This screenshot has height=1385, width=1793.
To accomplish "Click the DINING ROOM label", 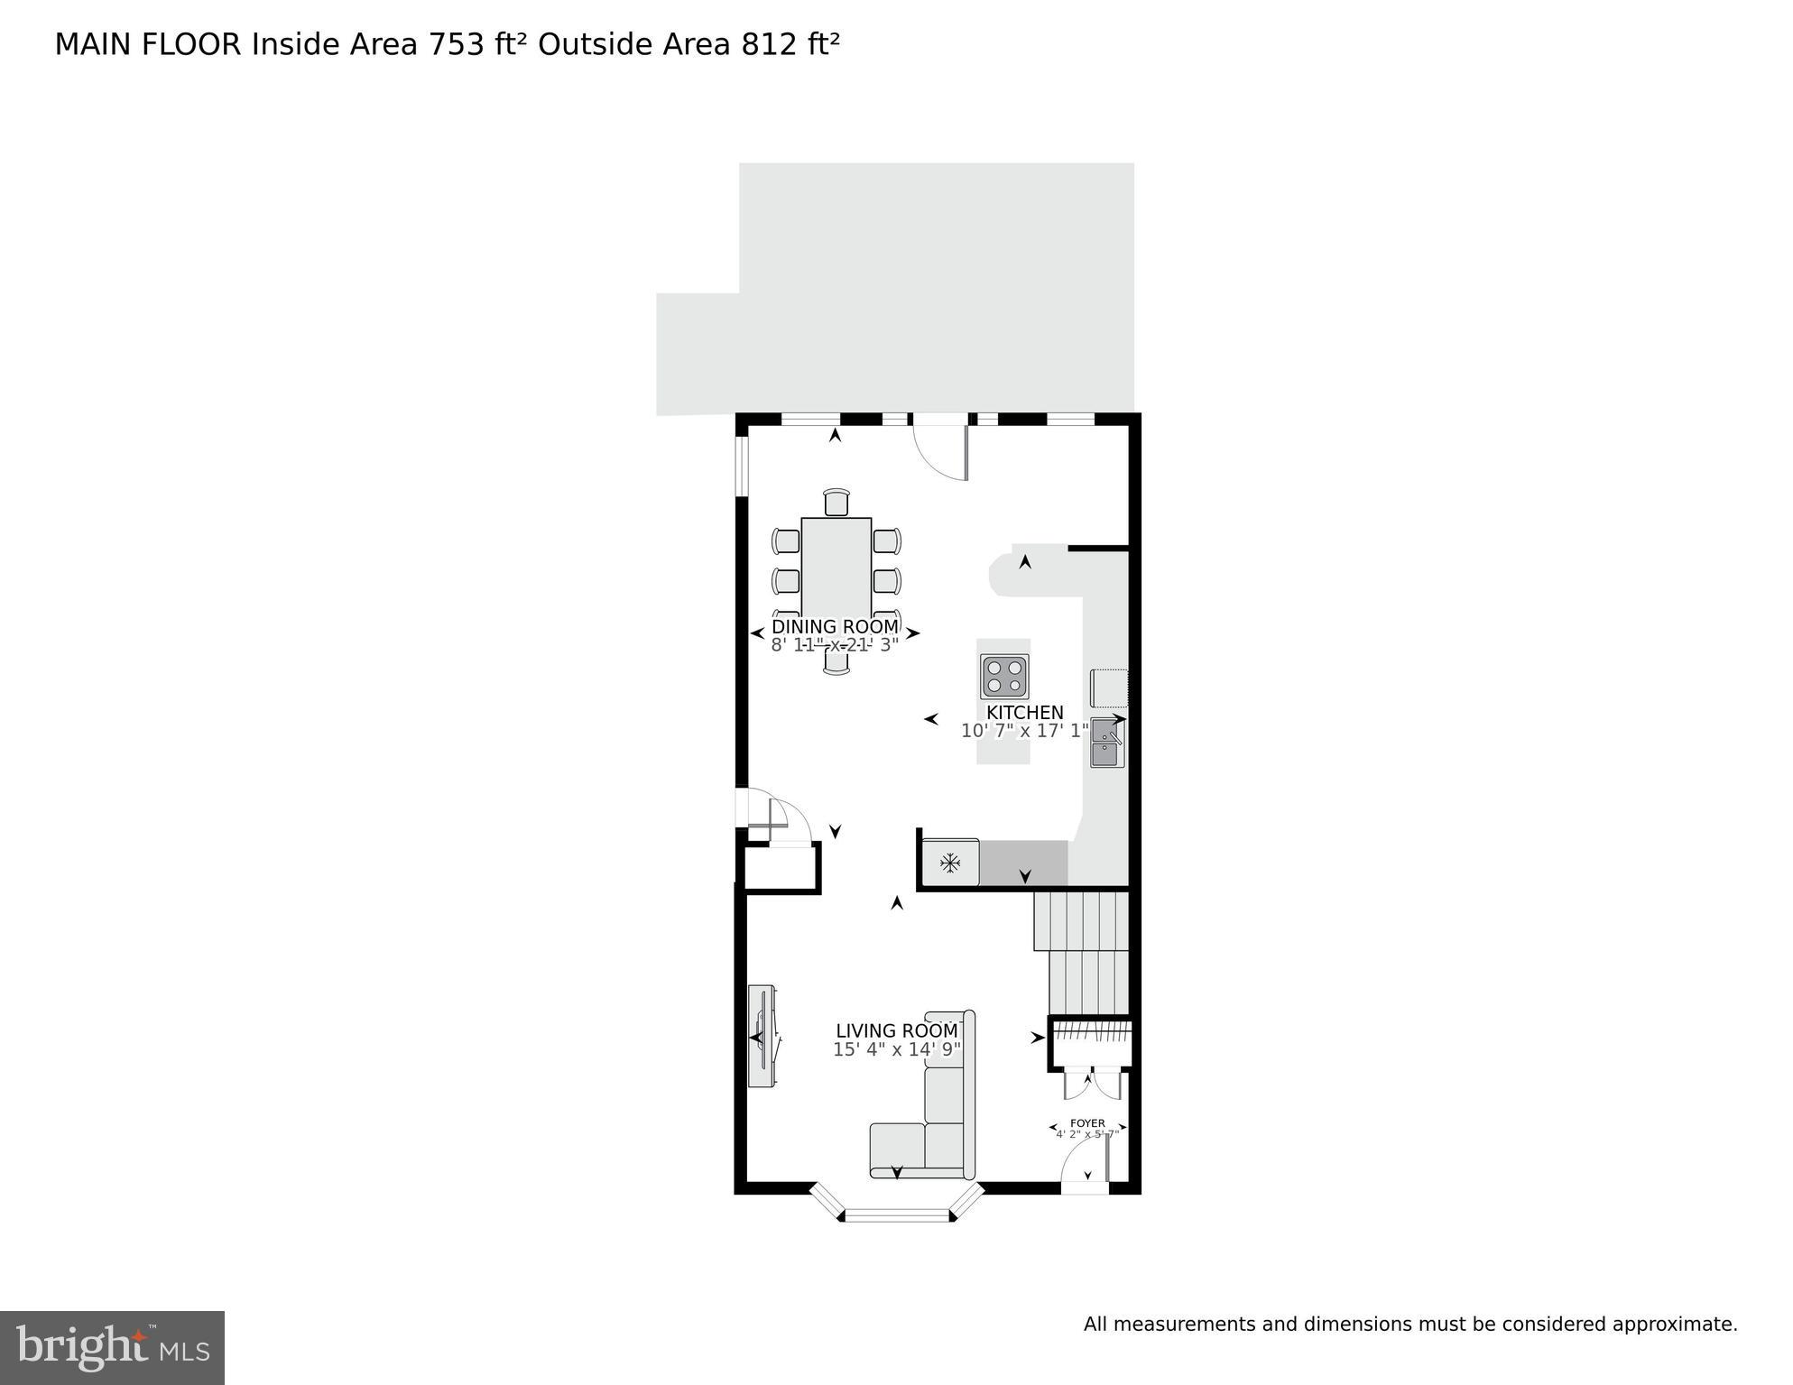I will (x=835, y=626).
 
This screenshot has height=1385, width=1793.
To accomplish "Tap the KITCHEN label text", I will (x=1024, y=713).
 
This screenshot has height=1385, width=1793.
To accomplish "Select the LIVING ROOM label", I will (x=896, y=1030).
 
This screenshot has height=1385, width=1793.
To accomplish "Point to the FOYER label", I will (x=1087, y=1123).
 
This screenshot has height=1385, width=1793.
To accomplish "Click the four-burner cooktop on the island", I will (x=1005, y=676).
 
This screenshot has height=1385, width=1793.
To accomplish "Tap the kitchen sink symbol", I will (x=1106, y=743).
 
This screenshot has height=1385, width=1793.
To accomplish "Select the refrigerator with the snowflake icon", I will (x=950, y=863).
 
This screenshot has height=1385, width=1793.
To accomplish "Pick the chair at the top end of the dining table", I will (x=836, y=502).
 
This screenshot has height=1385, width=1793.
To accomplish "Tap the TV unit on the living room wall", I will (x=763, y=1036).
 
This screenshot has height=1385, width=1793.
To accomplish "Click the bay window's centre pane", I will (x=897, y=1215).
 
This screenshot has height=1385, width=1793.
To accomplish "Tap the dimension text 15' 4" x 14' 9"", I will (x=896, y=1049).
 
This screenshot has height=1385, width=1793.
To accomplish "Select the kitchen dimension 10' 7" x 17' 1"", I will (x=1024, y=731).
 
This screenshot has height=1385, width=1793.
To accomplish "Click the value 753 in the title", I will (x=457, y=44).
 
